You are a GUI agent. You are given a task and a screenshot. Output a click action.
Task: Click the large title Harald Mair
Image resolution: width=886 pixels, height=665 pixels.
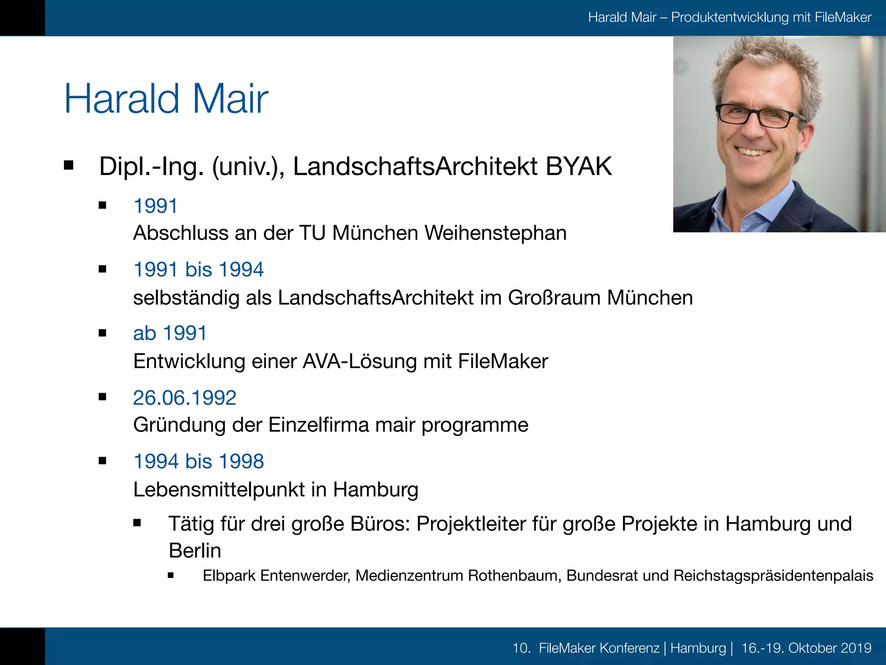click(x=166, y=99)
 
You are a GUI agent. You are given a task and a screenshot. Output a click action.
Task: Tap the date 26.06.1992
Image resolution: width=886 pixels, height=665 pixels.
click(x=185, y=397)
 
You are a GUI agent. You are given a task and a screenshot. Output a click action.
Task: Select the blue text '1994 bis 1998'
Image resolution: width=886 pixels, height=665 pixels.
click(x=199, y=461)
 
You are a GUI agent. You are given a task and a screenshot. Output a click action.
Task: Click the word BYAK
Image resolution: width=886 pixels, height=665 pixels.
click(x=578, y=166)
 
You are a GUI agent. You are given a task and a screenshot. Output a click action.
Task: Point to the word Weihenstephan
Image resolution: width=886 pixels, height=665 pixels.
click(x=495, y=233)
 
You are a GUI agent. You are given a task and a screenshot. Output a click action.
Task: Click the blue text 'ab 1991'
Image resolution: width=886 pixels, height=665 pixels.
click(x=170, y=333)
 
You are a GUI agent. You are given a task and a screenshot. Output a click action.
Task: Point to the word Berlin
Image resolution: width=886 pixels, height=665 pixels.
click(x=195, y=551)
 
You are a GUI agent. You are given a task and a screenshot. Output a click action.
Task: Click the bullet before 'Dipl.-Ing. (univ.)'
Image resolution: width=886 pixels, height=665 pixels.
click(x=69, y=165)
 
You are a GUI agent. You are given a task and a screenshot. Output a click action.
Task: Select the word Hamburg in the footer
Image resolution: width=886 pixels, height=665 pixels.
click(x=698, y=648)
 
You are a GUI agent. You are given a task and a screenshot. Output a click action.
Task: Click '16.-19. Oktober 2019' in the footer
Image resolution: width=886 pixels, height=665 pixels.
click(x=806, y=648)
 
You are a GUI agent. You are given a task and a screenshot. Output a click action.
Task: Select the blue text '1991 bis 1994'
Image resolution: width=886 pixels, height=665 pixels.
click(x=199, y=269)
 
